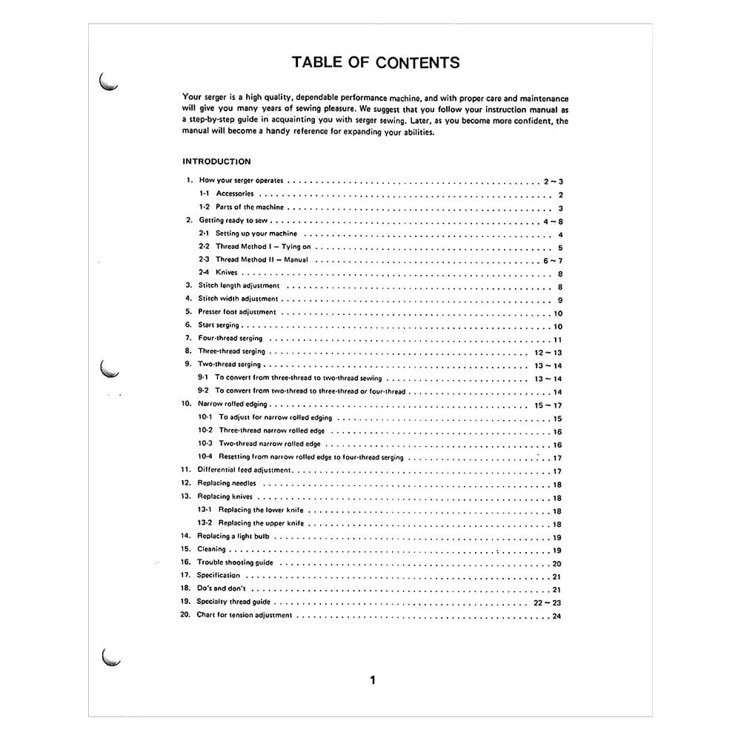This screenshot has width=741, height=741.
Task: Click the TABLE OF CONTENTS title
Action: coord(376,62)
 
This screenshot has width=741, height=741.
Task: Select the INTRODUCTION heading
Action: coord(216,162)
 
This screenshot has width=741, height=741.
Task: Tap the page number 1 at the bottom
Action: coord(373,680)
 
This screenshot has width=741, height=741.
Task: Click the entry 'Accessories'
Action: coord(234,194)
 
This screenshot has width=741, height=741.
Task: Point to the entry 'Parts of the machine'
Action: coord(250,207)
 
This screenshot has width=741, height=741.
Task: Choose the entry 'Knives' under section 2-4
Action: coord(226,273)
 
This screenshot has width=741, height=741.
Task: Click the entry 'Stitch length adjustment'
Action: coord(239,286)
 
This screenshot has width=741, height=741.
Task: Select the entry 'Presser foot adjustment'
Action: coord(236,313)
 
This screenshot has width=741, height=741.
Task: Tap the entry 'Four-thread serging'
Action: coord(230,339)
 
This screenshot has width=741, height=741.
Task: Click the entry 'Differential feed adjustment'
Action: coord(245,471)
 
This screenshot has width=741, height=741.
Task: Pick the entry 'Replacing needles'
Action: coord(226,484)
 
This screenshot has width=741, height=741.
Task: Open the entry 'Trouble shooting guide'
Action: coord(235,563)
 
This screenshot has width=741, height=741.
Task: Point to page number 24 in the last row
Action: coord(556,616)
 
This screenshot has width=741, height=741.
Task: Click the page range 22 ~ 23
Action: coord(548,602)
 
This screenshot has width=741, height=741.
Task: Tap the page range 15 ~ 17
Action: coord(548,405)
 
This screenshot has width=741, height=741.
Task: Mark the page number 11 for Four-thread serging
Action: coord(557,339)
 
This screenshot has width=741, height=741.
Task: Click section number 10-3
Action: coord(205,444)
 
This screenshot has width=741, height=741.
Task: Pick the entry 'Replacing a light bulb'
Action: coord(233,536)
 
